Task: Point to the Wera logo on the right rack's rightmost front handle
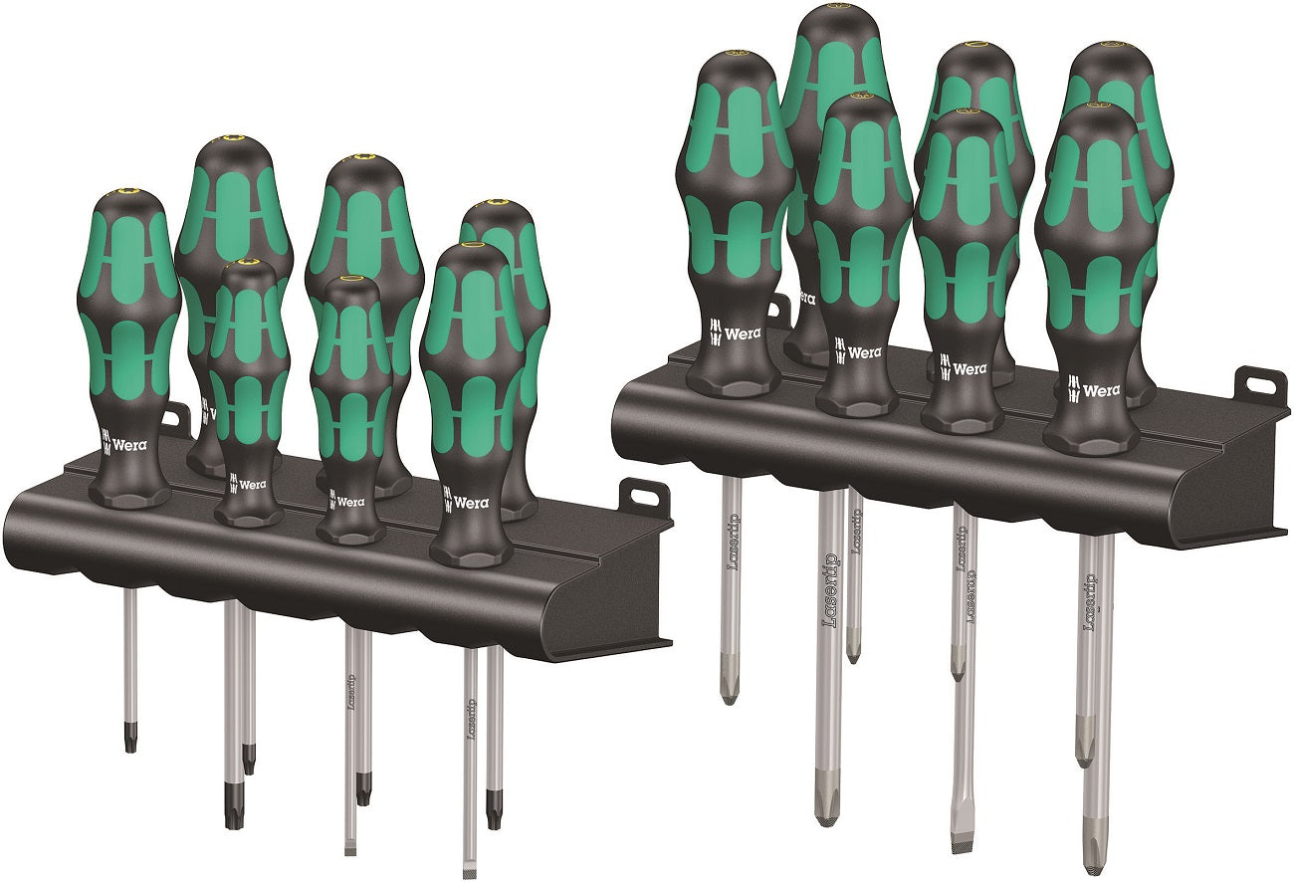pyautogui.click(x=1095, y=390)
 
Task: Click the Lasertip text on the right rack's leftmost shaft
pyautogui.click(x=733, y=542)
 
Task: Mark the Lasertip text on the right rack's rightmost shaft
pyautogui.click(x=1089, y=602)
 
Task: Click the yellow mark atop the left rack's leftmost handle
pyautogui.click(x=125, y=195)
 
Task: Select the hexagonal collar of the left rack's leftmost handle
pyautogui.click(x=128, y=491)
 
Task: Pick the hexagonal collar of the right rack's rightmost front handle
pyautogui.click(x=1092, y=437)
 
